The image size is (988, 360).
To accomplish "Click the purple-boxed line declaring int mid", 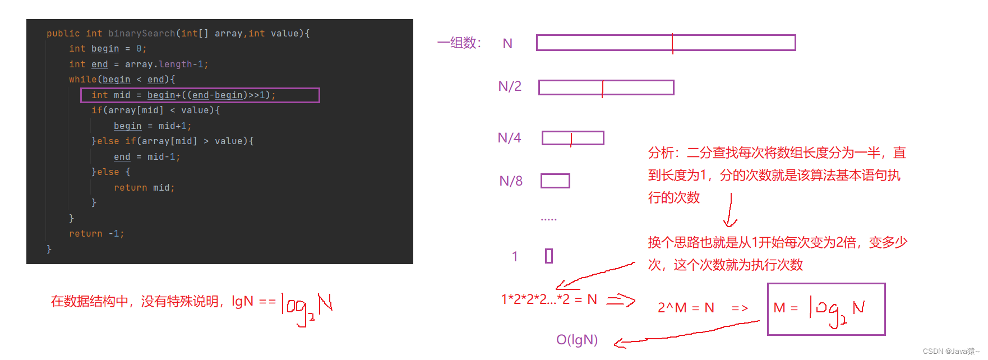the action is coord(200,95).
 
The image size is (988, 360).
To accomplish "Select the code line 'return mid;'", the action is coord(144,188).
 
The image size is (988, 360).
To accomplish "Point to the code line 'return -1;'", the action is coord(96,234).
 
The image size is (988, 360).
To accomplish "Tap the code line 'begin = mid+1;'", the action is coord(153,126).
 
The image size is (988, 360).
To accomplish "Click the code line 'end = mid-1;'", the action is coord(147,157).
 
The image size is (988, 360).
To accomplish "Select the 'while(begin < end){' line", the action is coord(122,80).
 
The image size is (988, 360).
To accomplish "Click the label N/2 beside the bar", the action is coord(510,86).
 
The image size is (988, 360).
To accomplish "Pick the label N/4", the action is coord(509,138).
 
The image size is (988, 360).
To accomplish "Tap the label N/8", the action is coord(511,181).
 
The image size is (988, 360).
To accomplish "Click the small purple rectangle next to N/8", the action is coord(555,181).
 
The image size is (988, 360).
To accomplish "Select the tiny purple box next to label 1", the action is coord(549,256).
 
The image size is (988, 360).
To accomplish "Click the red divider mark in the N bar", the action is coord(672,43).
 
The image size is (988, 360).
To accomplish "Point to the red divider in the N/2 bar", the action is coord(603,88).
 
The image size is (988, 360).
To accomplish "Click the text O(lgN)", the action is coord(577,340).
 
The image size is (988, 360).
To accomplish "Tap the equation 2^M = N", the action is coord(686,308).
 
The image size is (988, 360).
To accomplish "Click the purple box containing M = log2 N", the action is coord(826,309).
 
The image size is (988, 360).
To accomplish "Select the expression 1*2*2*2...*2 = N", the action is coord(549,299).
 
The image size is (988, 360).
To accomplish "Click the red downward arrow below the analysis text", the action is coord(730,211).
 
